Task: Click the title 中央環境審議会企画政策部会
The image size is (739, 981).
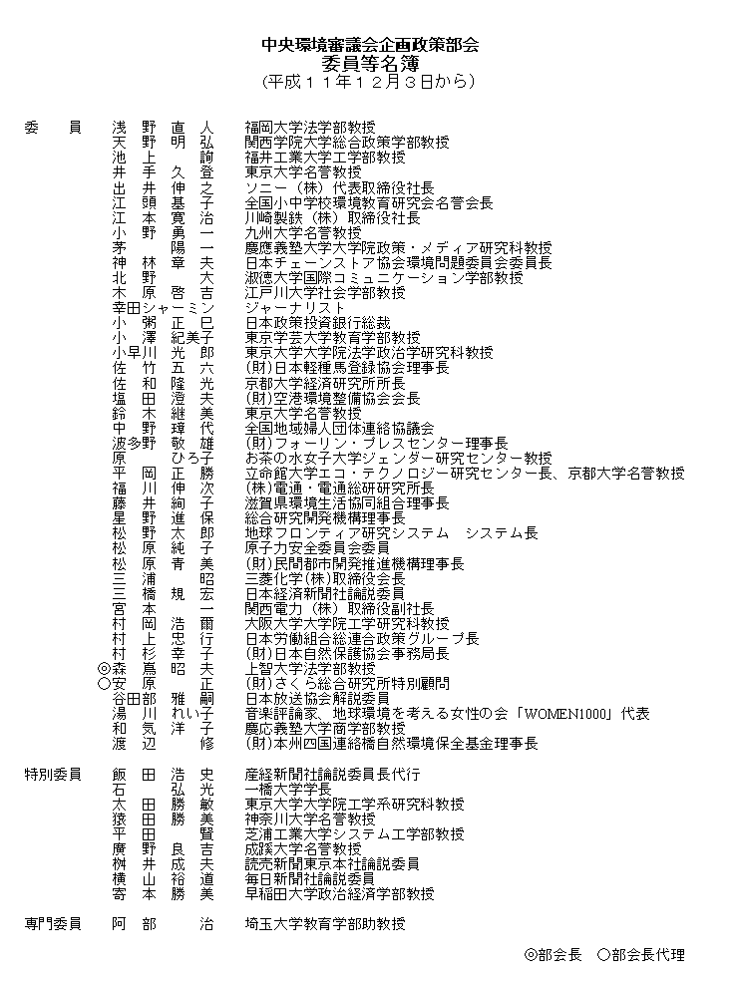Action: [x=369, y=45]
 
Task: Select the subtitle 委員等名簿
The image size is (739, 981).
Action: [x=369, y=62]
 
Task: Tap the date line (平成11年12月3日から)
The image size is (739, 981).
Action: [x=369, y=81]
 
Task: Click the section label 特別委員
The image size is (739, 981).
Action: [x=53, y=774]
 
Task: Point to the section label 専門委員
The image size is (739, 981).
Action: [x=53, y=924]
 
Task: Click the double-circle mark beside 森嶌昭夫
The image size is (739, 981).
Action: [x=104, y=669]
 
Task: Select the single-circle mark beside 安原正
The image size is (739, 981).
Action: [x=104, y=684]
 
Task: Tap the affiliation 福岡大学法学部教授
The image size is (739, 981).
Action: [x=310, y=128]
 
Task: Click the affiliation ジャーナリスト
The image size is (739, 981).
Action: [x=295, y=308]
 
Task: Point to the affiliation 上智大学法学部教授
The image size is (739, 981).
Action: [x=310, y=669]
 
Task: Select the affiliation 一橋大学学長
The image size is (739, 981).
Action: [x=288, y=789]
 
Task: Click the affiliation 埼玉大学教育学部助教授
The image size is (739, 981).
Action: [x=325, y=924]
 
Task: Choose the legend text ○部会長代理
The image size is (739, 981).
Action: [x=641, y=954]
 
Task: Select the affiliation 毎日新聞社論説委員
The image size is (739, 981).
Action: [x=310, y=879]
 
